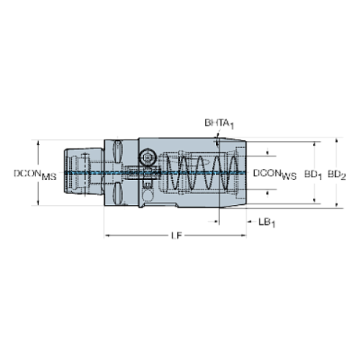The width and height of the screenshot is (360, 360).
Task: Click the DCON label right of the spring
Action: pos(275,174)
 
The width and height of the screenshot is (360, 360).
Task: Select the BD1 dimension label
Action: pos(313,174)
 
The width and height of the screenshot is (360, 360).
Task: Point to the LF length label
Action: pos(175,236)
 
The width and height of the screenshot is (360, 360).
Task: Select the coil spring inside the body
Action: pos(194,174)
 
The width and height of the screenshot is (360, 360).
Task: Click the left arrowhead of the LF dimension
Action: pos(107,236)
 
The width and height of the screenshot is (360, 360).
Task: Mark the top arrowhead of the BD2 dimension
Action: pos(337,142)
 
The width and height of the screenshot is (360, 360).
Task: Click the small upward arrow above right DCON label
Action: pos(267,151)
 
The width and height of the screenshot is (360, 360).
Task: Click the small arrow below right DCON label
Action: pos(267,195)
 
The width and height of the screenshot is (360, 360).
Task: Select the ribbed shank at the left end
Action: pos(77,174)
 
